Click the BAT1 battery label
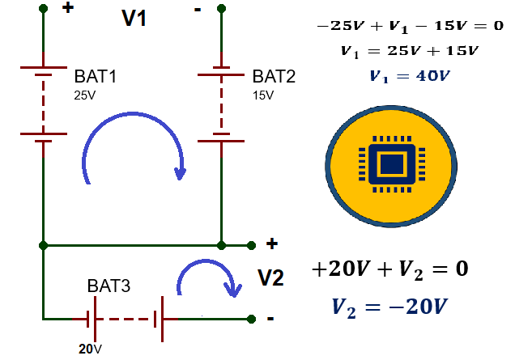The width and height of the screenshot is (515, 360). tap(96, 77)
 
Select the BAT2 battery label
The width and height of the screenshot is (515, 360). tap(274, 77)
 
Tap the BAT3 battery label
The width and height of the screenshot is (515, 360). tap(109, 286)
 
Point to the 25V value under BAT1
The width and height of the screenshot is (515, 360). tap(85, 95)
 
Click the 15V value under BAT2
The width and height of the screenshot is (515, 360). tap(263, 95)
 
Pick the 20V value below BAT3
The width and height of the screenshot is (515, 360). tap(90, 349)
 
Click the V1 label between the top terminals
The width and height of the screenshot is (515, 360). tap(134, 18)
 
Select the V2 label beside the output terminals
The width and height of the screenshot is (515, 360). tap(270, 278)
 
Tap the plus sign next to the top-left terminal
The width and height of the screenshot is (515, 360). tap(68, 7)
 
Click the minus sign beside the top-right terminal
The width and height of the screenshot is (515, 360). tap(198, 10)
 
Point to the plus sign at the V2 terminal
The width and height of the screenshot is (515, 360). tap(271, 244)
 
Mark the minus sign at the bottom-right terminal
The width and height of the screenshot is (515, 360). tap(270, 318)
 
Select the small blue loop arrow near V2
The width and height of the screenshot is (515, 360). tap(206, 261)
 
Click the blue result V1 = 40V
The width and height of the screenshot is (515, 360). tap(409, 77)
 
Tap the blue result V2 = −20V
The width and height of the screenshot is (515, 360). tap(389, 307)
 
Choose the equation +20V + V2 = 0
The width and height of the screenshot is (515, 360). tap(389, 269)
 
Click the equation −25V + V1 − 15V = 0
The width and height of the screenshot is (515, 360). tap(410, 26)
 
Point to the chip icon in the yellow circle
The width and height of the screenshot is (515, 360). tap(392, 163)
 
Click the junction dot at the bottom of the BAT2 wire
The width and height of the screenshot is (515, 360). tap(221, 245)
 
